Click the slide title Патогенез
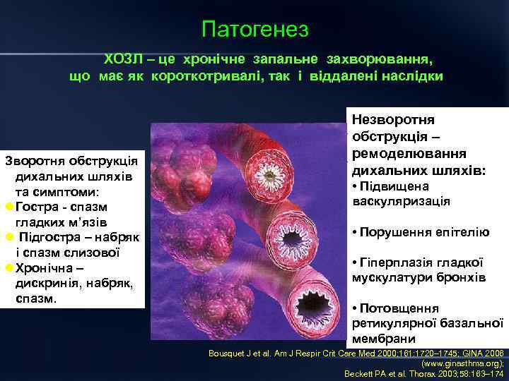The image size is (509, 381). coord(255,29)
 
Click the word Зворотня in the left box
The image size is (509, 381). coord(33,160)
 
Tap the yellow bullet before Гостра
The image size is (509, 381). coord(8,207)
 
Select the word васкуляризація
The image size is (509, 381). coord(401,201)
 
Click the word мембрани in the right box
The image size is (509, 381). coord(381,339)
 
